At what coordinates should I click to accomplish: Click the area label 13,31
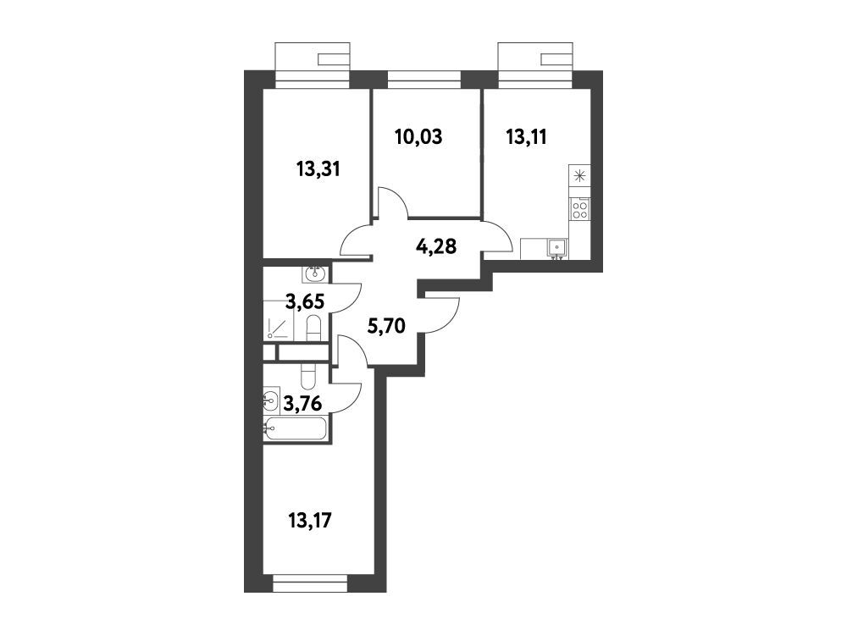point(318,169)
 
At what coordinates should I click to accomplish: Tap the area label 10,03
point(418,137)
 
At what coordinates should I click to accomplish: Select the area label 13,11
point(527,137)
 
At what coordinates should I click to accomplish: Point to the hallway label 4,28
point(436,246)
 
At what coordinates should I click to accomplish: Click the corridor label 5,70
point(386,326)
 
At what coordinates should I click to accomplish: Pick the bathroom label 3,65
point(305,301)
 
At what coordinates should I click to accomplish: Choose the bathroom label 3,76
point(303,403)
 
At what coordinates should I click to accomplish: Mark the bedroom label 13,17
point(310,521)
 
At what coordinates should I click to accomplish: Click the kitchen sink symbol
point(556,248)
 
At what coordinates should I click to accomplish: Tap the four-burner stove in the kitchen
point(580,208)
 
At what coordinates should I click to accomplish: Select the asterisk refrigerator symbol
point(580,176)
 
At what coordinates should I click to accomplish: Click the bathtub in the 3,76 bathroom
point(295,428)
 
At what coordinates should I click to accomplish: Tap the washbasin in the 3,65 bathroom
point(315,273)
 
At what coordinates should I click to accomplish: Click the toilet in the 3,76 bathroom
point(307,376)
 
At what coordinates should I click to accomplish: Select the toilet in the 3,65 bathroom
point(314,329)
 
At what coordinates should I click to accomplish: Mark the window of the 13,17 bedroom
point(310,583)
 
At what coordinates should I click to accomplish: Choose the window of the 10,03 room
point(424,80)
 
